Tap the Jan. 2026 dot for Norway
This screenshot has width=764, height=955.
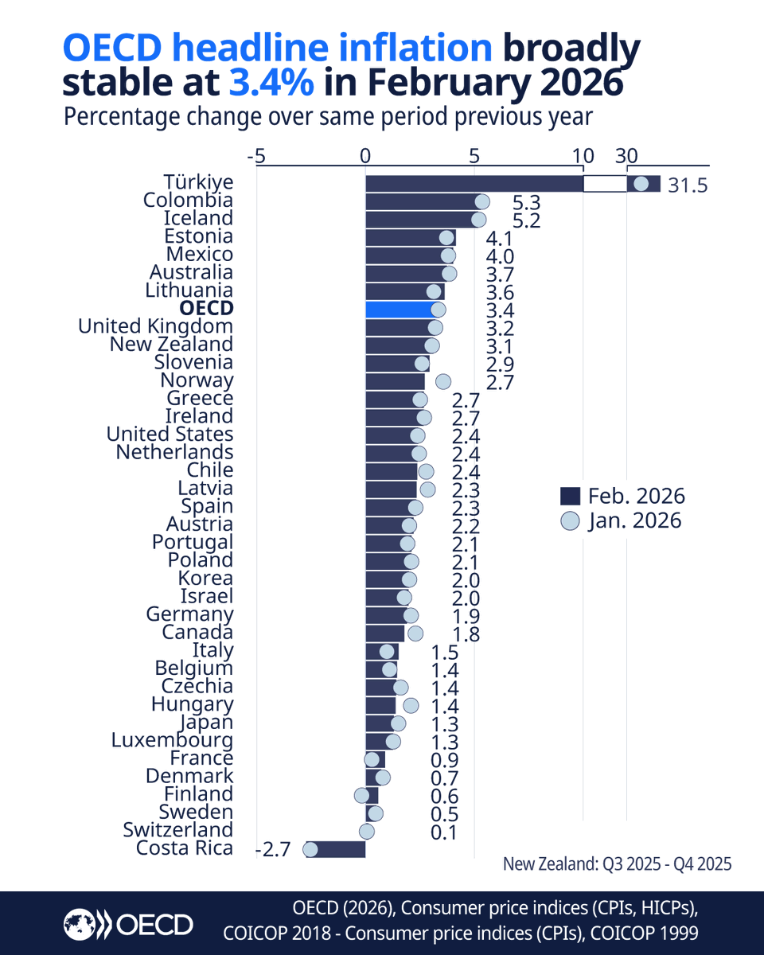(x=443, y=381)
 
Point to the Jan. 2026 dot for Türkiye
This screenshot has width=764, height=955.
(x=641, y=184)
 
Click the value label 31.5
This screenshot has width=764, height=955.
(x=688, y=186)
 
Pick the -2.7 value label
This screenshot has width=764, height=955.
(x=273, y=850)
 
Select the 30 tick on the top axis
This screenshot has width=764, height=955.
(x=626, y=156)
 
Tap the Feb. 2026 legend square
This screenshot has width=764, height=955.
(x=570, y=497)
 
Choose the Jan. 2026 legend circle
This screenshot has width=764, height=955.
(x=570, y=521)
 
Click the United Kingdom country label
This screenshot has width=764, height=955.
(x=155, y=326)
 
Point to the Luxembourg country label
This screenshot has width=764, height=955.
(x=172, y=740)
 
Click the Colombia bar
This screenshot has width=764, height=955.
(x=422, y=201)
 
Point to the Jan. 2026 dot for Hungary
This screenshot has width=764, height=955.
(x=411, y=705)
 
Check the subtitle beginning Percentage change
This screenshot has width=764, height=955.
(x=328, y=117)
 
